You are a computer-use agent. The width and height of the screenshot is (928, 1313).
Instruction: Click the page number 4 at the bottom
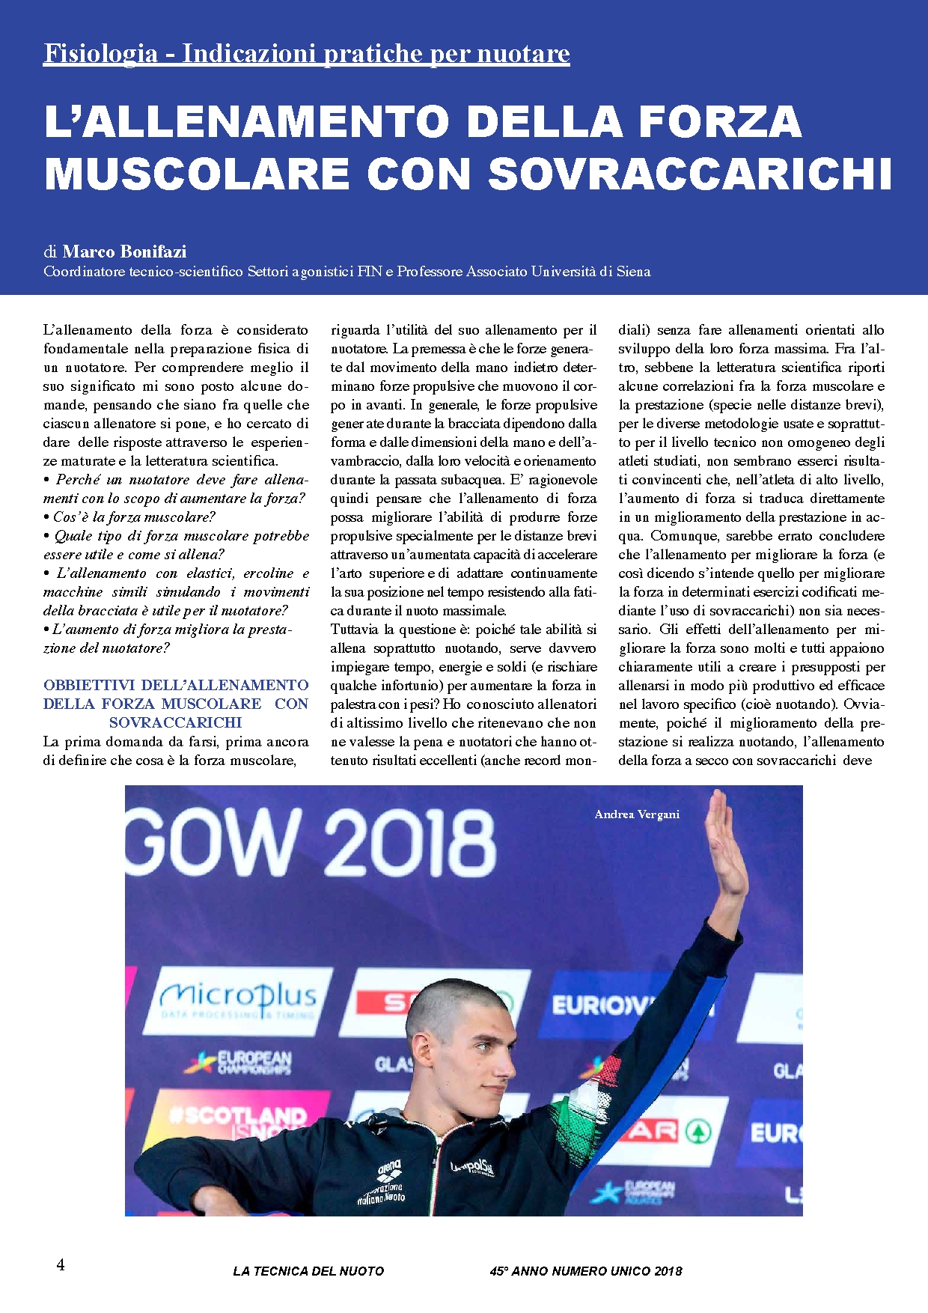tap(61, 1264)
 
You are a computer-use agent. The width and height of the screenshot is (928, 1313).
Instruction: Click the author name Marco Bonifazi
tap(124, 252)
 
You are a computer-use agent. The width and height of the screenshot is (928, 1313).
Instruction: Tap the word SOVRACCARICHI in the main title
tap(689, 174)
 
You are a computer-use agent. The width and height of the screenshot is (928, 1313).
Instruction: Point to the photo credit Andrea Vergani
tap(637, 814)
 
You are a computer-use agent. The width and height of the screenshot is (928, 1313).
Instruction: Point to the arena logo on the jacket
tap(389, 1168)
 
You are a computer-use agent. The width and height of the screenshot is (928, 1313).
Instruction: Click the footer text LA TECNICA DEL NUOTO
tap(308, 1271)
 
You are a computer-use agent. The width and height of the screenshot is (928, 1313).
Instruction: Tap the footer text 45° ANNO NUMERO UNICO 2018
tap(586, 1271)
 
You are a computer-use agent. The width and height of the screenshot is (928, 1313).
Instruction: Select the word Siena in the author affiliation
tap(633, 272)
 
